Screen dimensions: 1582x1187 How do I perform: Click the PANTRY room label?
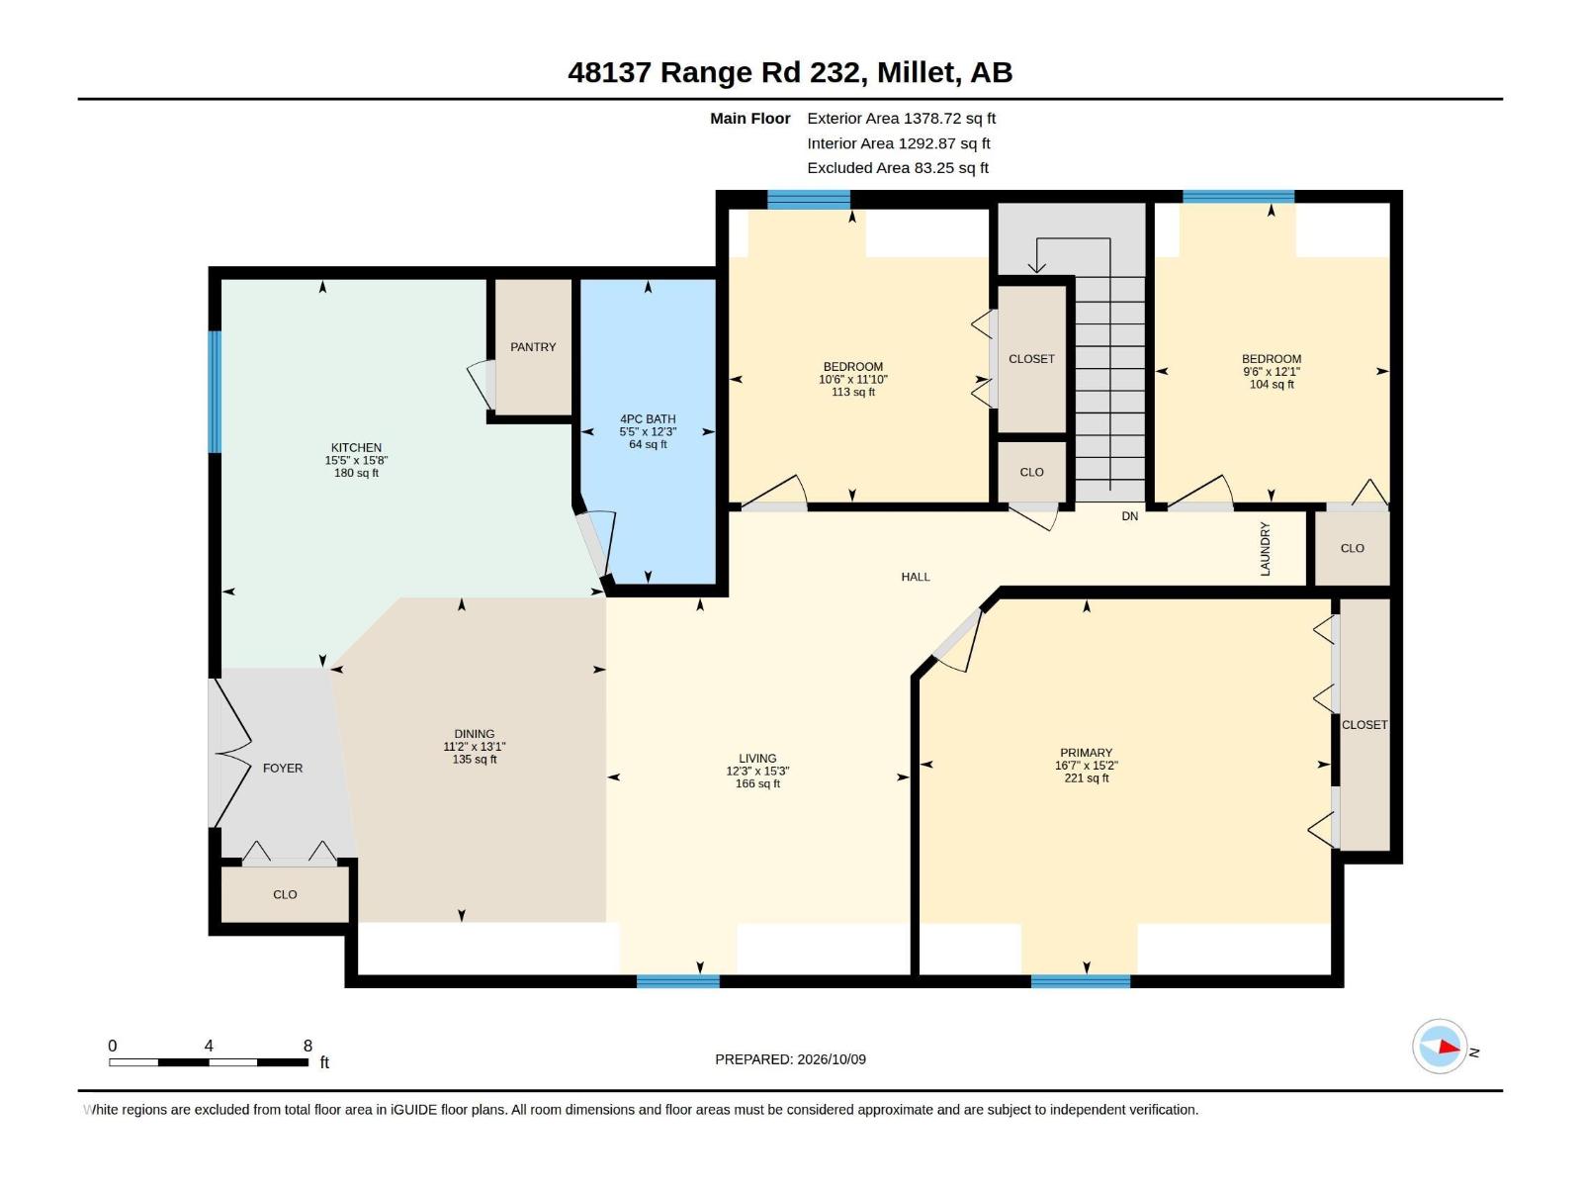coord(533,346)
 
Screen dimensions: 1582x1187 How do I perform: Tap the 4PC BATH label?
coord(648,418)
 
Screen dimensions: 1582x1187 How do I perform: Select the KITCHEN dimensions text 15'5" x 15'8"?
coord(356,460)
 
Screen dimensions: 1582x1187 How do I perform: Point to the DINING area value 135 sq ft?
coord(475,759)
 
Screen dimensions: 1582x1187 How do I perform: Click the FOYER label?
coord(283,769)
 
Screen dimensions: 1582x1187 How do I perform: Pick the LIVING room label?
coord(757,758)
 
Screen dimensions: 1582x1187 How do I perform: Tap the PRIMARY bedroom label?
coord(1086,753)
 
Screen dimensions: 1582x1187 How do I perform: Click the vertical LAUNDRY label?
coord(1265,549)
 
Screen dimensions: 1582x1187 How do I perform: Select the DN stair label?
coord(1129,516)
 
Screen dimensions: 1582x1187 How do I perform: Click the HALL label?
coord(916,577)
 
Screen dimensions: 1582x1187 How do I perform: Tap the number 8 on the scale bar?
coord(308,1046)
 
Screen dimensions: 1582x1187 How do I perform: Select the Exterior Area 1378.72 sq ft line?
coord(901,118)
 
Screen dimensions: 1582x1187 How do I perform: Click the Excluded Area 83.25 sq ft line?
coord(898,168)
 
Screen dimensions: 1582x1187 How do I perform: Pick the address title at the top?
coord(790,72)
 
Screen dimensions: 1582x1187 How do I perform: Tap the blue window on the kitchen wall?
coord(215,392)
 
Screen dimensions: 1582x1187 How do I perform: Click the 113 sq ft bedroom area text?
coord(852,392)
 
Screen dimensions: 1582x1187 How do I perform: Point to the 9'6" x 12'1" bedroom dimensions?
coord(1272,372)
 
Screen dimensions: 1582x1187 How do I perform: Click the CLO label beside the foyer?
coord(285,894)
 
